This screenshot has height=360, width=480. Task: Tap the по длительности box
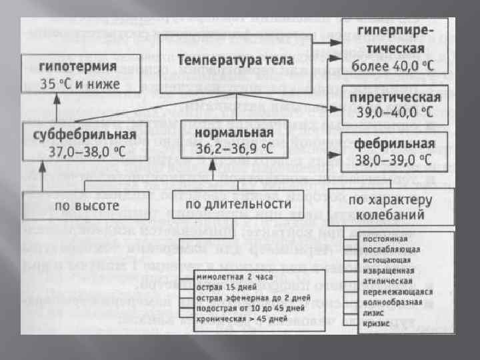(238, 203)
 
